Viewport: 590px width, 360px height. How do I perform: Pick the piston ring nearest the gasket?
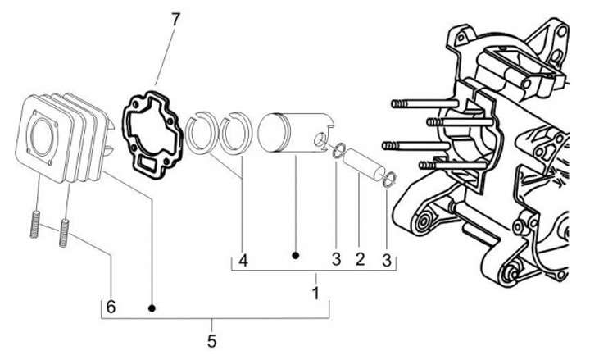[197, 133]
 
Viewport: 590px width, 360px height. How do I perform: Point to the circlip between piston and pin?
[336, 149]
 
